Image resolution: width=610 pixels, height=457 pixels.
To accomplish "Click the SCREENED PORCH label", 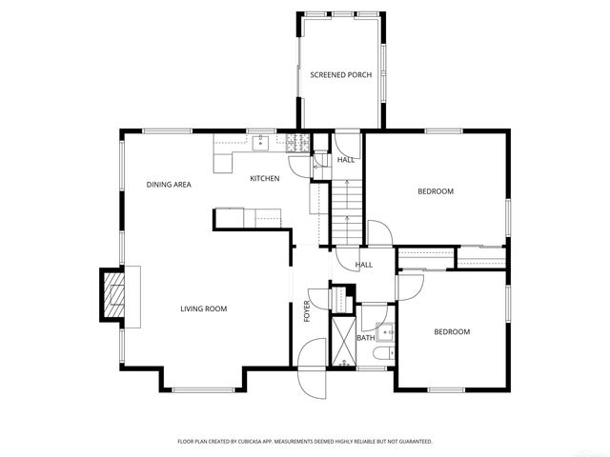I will (x=340, y=74).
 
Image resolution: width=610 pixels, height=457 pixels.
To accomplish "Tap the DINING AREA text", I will (x=169, y=184).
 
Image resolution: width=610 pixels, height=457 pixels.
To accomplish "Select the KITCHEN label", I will (x=264, y=179).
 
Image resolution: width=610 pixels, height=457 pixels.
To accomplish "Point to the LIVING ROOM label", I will (x=204, y=308).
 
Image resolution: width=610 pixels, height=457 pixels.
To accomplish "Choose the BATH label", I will (x=366, y=337).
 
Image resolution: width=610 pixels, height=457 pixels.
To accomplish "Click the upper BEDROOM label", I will (x=436, y=191).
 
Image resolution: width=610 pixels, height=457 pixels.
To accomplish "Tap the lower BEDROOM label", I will (x=452, y=331).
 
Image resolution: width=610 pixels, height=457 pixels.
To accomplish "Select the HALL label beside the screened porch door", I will (x=345, y=160).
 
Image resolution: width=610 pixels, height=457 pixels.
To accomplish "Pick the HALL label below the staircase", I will (x=363, y=265).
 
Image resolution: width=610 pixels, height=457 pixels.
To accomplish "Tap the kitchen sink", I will (x=259, y=144).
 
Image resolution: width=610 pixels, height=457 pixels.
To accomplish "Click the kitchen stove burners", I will (x=295, y=144).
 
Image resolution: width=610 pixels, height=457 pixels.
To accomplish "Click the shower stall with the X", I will (x=341, y=341).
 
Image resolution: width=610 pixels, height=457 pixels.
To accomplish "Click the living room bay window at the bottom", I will (x=206, y=389).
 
